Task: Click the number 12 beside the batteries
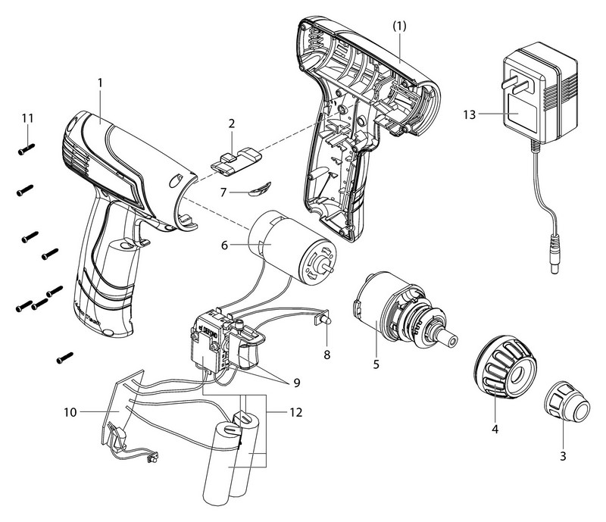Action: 280,413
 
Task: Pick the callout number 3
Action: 562,457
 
